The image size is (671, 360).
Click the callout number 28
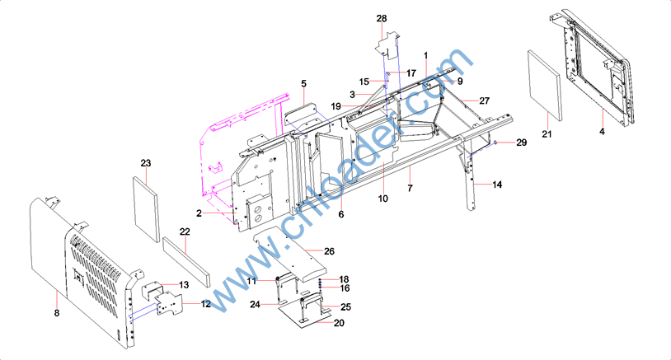coord(382,18)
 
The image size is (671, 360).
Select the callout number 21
coord(547,134)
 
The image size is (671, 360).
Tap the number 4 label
coord(602,132)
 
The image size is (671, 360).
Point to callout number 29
coord(521,143)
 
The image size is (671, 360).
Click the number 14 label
coord(497,185)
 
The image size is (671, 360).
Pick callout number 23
coord(146,163)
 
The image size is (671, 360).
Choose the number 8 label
coord(57,313)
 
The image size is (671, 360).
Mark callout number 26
coord(329,251)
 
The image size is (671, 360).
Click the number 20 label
coord(339,323)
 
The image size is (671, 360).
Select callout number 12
coord(206,304)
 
